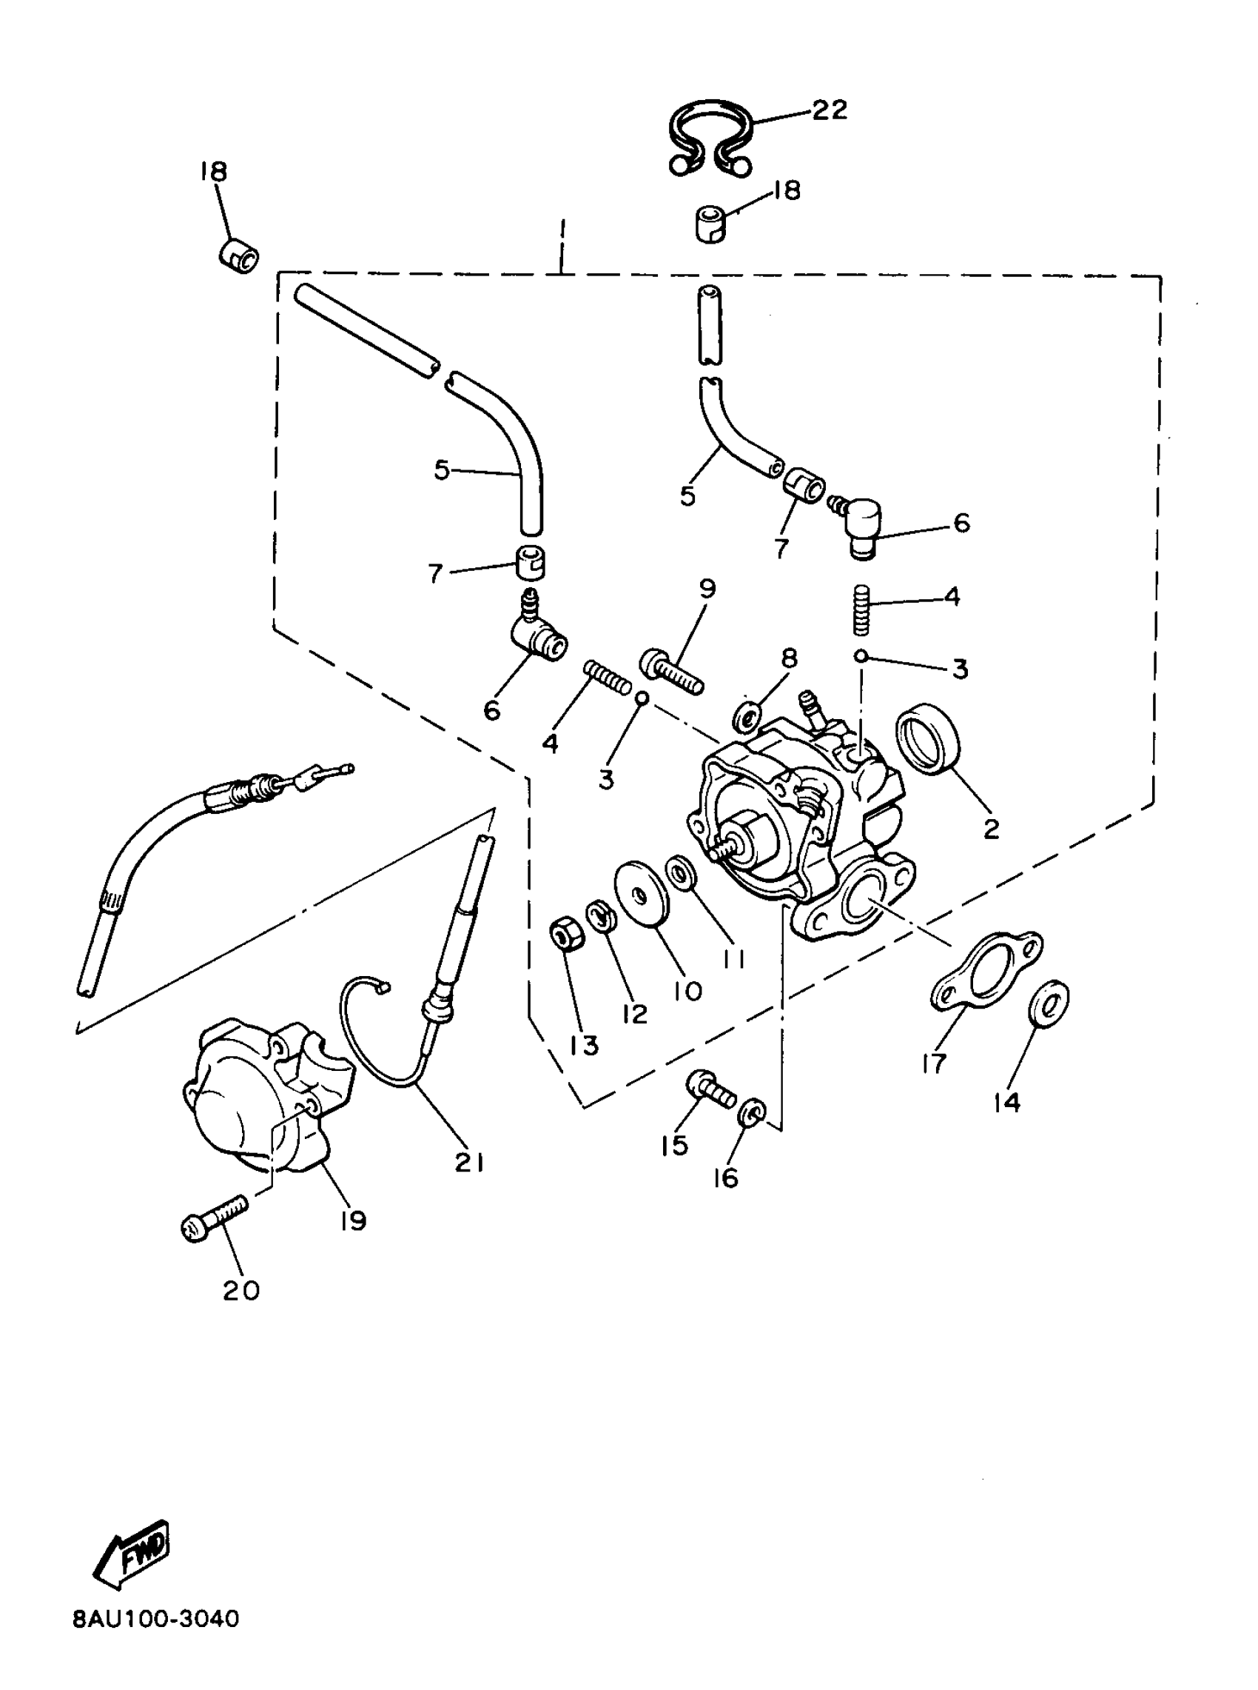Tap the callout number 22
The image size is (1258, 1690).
[829, 110]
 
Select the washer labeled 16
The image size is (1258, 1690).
[751, 1118]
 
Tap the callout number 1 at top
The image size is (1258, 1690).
[562, 229]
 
